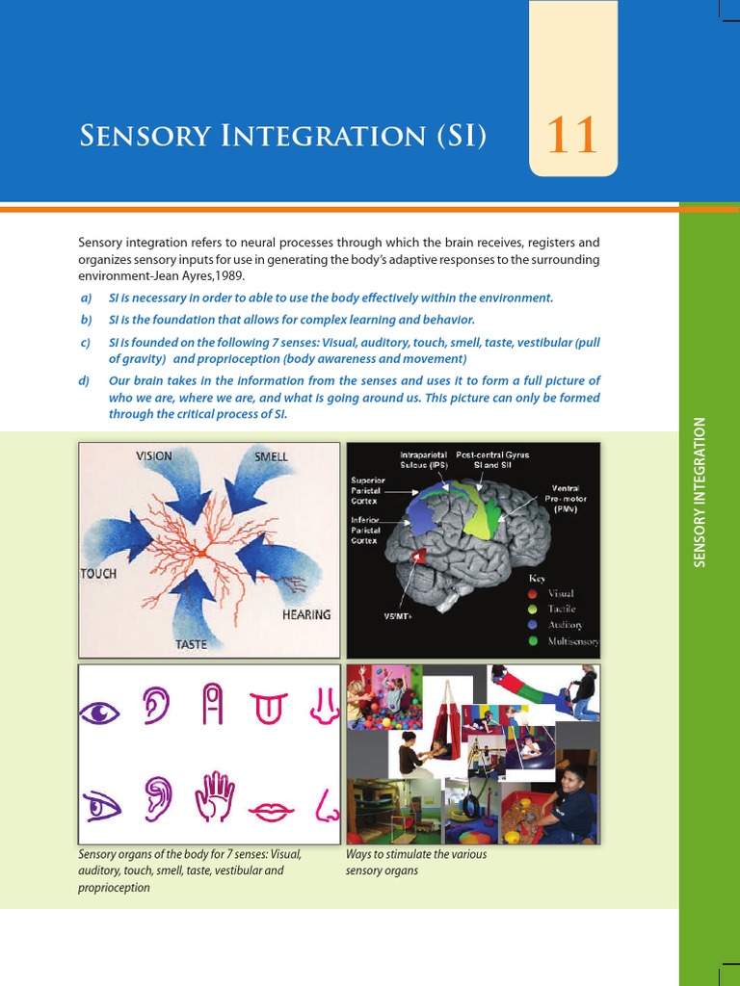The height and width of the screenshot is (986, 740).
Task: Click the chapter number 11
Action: point(572,136)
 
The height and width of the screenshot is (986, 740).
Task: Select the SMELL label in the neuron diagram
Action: point(271,455)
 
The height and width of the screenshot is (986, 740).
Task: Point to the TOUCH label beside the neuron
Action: point(98,574)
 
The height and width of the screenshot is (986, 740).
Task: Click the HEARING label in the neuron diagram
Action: point(305,614)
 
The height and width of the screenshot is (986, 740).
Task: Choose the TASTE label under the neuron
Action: point(191,645)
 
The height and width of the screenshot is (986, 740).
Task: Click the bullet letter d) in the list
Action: point(85,380)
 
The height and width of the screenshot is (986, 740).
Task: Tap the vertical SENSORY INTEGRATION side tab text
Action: point(700,491)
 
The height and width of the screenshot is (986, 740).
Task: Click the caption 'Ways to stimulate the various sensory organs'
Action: point(416,863)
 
